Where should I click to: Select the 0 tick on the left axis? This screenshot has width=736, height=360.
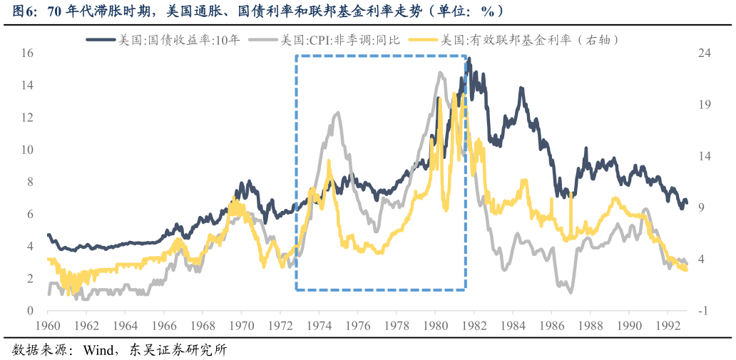tap(30, 311)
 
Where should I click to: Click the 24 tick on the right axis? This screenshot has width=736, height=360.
tap(705, 53)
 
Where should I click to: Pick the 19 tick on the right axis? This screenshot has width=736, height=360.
tap(705, 105)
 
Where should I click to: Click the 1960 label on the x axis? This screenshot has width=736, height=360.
tap(48, 326)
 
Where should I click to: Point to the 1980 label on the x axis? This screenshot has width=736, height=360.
tap(435, 326)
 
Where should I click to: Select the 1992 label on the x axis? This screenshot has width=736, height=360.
tap(668, 326)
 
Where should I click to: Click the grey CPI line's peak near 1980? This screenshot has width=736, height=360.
tap(441, 72)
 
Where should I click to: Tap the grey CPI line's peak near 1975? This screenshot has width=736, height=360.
tap(337, 113)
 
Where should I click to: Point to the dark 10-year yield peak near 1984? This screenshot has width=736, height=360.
tap(521, 88)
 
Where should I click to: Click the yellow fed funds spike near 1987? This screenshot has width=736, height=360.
tap(571, 194)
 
